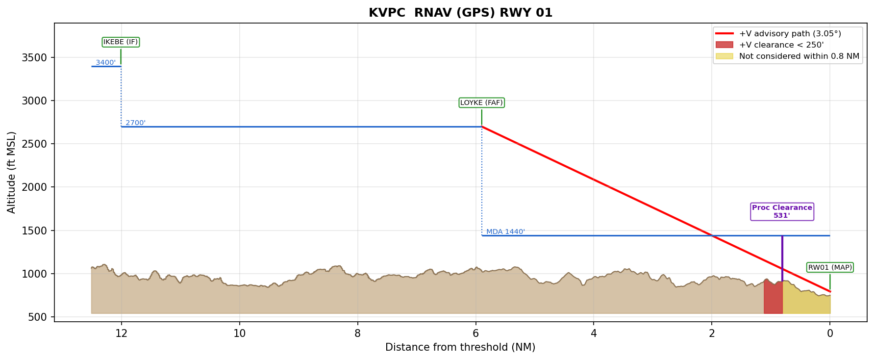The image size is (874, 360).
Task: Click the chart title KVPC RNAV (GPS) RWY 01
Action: [x=460, y=13]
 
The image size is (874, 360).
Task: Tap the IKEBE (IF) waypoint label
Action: [x=121, y=42]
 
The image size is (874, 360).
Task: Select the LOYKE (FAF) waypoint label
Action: [x=481, y=103]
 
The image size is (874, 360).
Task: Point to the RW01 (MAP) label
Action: [x=830, y=267]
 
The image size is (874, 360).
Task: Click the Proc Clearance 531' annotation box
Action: [x=782, y=211]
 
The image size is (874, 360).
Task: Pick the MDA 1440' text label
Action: [x=505, y=231]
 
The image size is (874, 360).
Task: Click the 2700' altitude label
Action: [x=135, y=123]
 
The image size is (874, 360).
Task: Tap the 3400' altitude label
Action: [x=105, y=62]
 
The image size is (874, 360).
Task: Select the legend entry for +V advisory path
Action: [x=790, y=34]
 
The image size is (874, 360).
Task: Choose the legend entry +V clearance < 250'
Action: [x=781, y=45]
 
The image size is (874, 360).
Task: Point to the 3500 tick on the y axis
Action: [x=34, y=58]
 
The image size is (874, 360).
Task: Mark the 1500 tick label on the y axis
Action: [x=34, y=231]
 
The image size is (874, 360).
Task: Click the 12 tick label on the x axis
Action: [x=121, y=334]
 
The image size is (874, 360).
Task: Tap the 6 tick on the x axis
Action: [x=475, y=334]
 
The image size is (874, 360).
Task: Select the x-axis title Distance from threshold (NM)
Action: [x=460, y=347]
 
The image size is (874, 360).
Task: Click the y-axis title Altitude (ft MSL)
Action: [x=12, y=172]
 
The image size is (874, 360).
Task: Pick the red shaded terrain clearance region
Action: [x=773, y=299]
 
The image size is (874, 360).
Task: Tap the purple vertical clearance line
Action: [x=782, y=255]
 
